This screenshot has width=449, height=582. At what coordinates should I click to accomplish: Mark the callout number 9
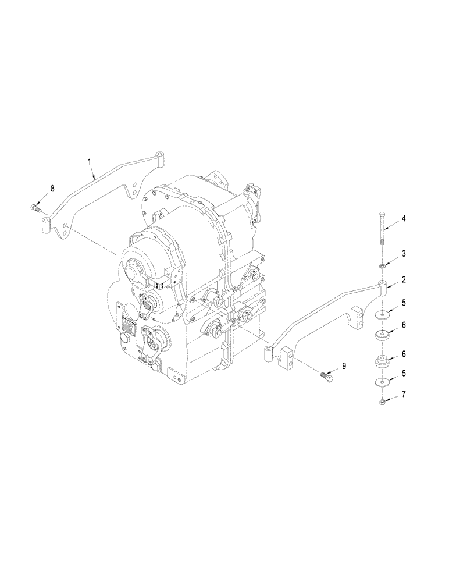pos(344,365)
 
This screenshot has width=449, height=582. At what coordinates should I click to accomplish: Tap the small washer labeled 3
pos(382,266)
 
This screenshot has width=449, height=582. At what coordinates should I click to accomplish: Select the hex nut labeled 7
pos(382,402)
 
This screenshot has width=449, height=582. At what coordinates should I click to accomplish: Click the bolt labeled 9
pos(325,378)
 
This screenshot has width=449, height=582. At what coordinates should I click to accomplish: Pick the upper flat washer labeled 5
pos(382,315)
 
